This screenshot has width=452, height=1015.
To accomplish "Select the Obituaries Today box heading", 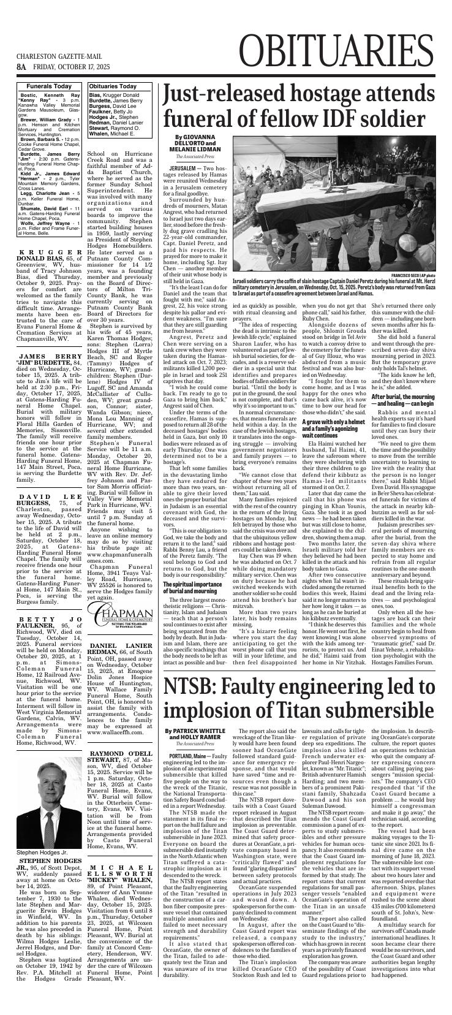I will click(x=113, y=86).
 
